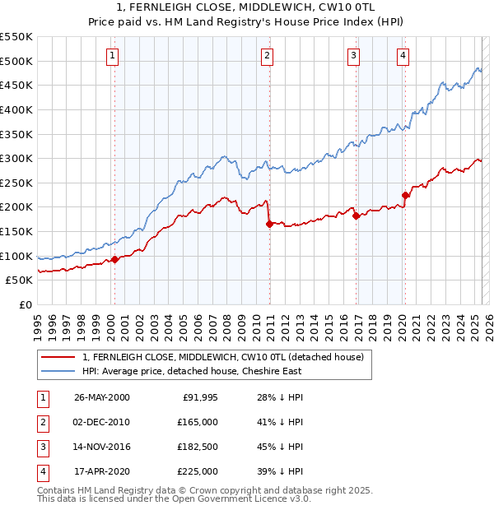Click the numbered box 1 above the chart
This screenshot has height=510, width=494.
pyautogui.click(x=111, y=56)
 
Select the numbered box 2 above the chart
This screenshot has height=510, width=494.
pyautogui.click(x=268, y=56)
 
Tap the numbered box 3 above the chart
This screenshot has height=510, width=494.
pyautogui.click(x=353, y=56)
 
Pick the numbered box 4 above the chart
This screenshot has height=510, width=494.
pyautogui.click(x=403, y=56)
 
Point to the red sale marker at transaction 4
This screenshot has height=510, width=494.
pyautogui.click(x=405, y=195)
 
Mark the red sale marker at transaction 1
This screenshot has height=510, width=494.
pyautogui.click(x=115, y=259)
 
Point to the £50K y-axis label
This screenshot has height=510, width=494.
pyautogui.click(x=20, y=280)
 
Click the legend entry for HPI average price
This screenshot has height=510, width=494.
pyautogui.click(x=192, y=371)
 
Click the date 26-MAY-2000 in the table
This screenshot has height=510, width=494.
pyautogui.click(x=102, y=397)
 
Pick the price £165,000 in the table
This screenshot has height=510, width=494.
pyautogui.click(x=198, y=422)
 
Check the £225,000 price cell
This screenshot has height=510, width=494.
pyautogui.click(x=198, y=471)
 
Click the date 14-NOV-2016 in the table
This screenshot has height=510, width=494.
pyautogui.click(x=102, y=447)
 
